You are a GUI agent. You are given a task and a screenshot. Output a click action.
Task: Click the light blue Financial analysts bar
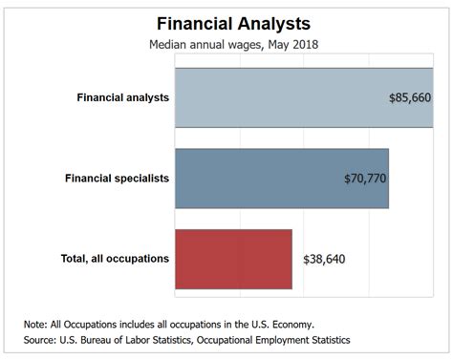click(x=277, y=97)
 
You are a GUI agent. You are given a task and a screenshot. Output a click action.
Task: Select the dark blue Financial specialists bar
click(x=258, y=178)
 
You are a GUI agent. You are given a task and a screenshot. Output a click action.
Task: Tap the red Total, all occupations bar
click(x=232, y=258)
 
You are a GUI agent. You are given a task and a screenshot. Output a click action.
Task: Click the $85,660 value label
click(x=411, y=97)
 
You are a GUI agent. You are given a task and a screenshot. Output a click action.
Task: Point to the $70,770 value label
click(x=365, y=178)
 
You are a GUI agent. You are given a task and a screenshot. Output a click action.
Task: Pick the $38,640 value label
click(x=325, y=259)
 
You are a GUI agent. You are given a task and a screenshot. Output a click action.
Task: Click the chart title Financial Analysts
click(x=232, y=21)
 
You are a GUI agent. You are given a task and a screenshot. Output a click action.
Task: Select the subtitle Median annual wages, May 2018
click(x=232, y=44)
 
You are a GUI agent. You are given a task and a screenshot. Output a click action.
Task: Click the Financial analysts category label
click(x=123, y=97)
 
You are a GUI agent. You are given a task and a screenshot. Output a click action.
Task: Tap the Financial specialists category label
click(x=117, y=178)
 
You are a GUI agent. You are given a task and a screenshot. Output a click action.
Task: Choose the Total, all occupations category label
click(x=114, y=258)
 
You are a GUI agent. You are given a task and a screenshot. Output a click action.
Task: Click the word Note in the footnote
click(x=37, y=324)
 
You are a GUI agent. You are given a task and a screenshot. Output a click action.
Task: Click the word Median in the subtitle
click(x=169, y=44)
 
